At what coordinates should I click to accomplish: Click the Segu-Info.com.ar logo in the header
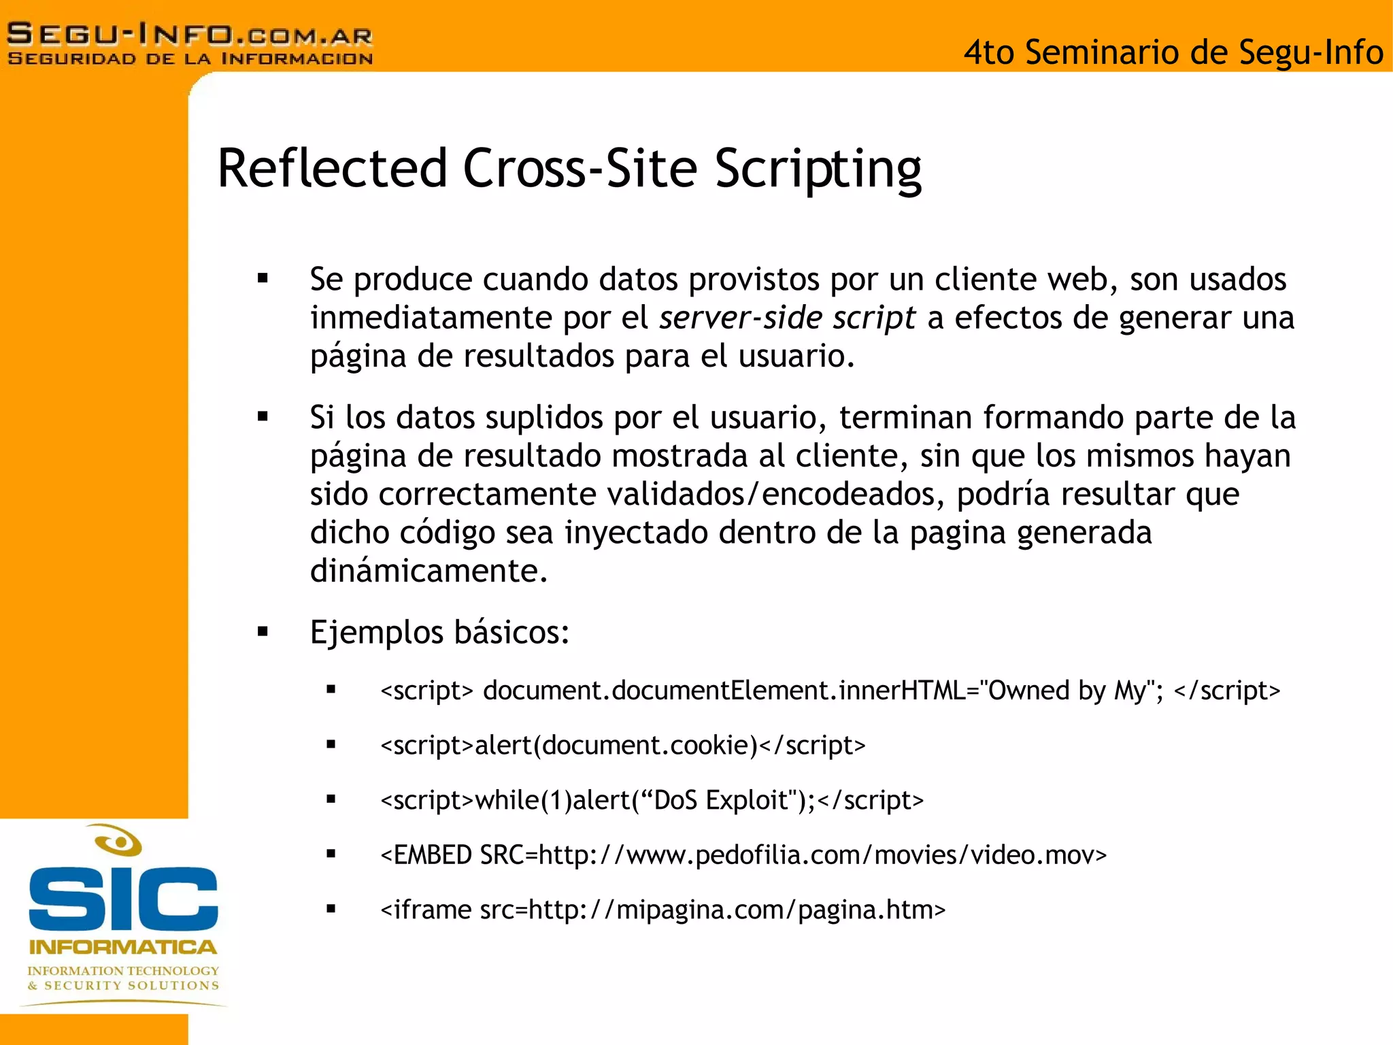pyautogui.click(x=190, y=44)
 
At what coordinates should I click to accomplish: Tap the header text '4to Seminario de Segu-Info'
pyautogui.click(x=1173, y=52)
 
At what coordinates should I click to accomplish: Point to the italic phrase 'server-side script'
pyautogui.click(x=787, y=318)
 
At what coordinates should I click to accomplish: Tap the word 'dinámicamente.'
pyautogui.click(x=429, y=571)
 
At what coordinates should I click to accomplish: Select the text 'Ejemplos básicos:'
pyautogui.click(x=439, y=632)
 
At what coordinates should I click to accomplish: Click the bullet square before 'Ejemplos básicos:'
pyautogui.click(x=263, y=632)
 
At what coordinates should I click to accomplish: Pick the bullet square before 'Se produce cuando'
pyautogui.click(x=263, y=278)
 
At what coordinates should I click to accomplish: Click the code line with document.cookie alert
pyautogui.click(x=622, y=746)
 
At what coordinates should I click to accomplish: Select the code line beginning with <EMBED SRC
pyautogui.click(x=743, y=855)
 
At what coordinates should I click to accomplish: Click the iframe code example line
pyautogui.click(x=662, y=910)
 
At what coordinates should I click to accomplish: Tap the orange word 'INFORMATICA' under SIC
pyautogui.click(x=123, y=947)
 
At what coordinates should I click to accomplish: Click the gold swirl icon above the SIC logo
pyautogui.click(x=118, y=841)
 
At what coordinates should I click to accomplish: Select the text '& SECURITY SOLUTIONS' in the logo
pyautogui.click(x=123, y=986)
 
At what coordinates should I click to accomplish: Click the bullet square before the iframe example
pyautogui.click(x=331, y=909)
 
